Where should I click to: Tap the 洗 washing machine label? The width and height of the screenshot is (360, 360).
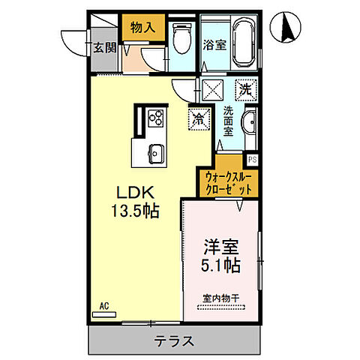coord(245,88)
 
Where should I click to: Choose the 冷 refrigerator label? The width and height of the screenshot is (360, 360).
coord(198,118)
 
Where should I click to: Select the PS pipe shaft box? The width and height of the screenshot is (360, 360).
coord(252,158)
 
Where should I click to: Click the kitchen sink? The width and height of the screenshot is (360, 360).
coord(156,152)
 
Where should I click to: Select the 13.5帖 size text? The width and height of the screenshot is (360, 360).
coord(136,211)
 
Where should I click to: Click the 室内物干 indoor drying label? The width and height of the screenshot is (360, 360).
coord(219,299)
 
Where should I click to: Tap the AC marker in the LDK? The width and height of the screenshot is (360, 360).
coord(103,306)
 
